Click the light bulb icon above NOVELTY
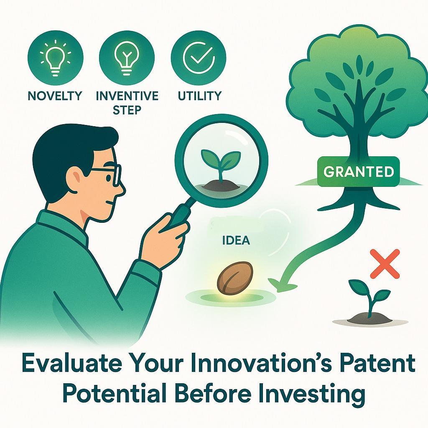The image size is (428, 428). pyautogui.click(x=55, y=58)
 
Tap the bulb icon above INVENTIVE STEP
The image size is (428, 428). pyautogui.click(x=127, y=58)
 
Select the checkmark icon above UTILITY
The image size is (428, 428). pyautogui.click(x=199, y=58)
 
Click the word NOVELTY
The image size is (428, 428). pyautogui.click(x=55, y=96)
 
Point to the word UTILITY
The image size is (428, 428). pyautogui.click(x=199, y=96)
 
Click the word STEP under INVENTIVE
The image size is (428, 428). pyautogui.click(x=127, y=110)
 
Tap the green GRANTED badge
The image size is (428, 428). pyautogui.click(x=359, y=171)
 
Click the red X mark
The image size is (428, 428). pyautogui.click(x=385, y=263)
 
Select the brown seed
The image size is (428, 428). pyautogui.click(x=235, y=278)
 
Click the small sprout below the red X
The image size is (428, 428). pyautogui.click(x=369, y=298)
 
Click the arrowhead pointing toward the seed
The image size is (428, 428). pyautogui.click(x=279, y=284)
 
